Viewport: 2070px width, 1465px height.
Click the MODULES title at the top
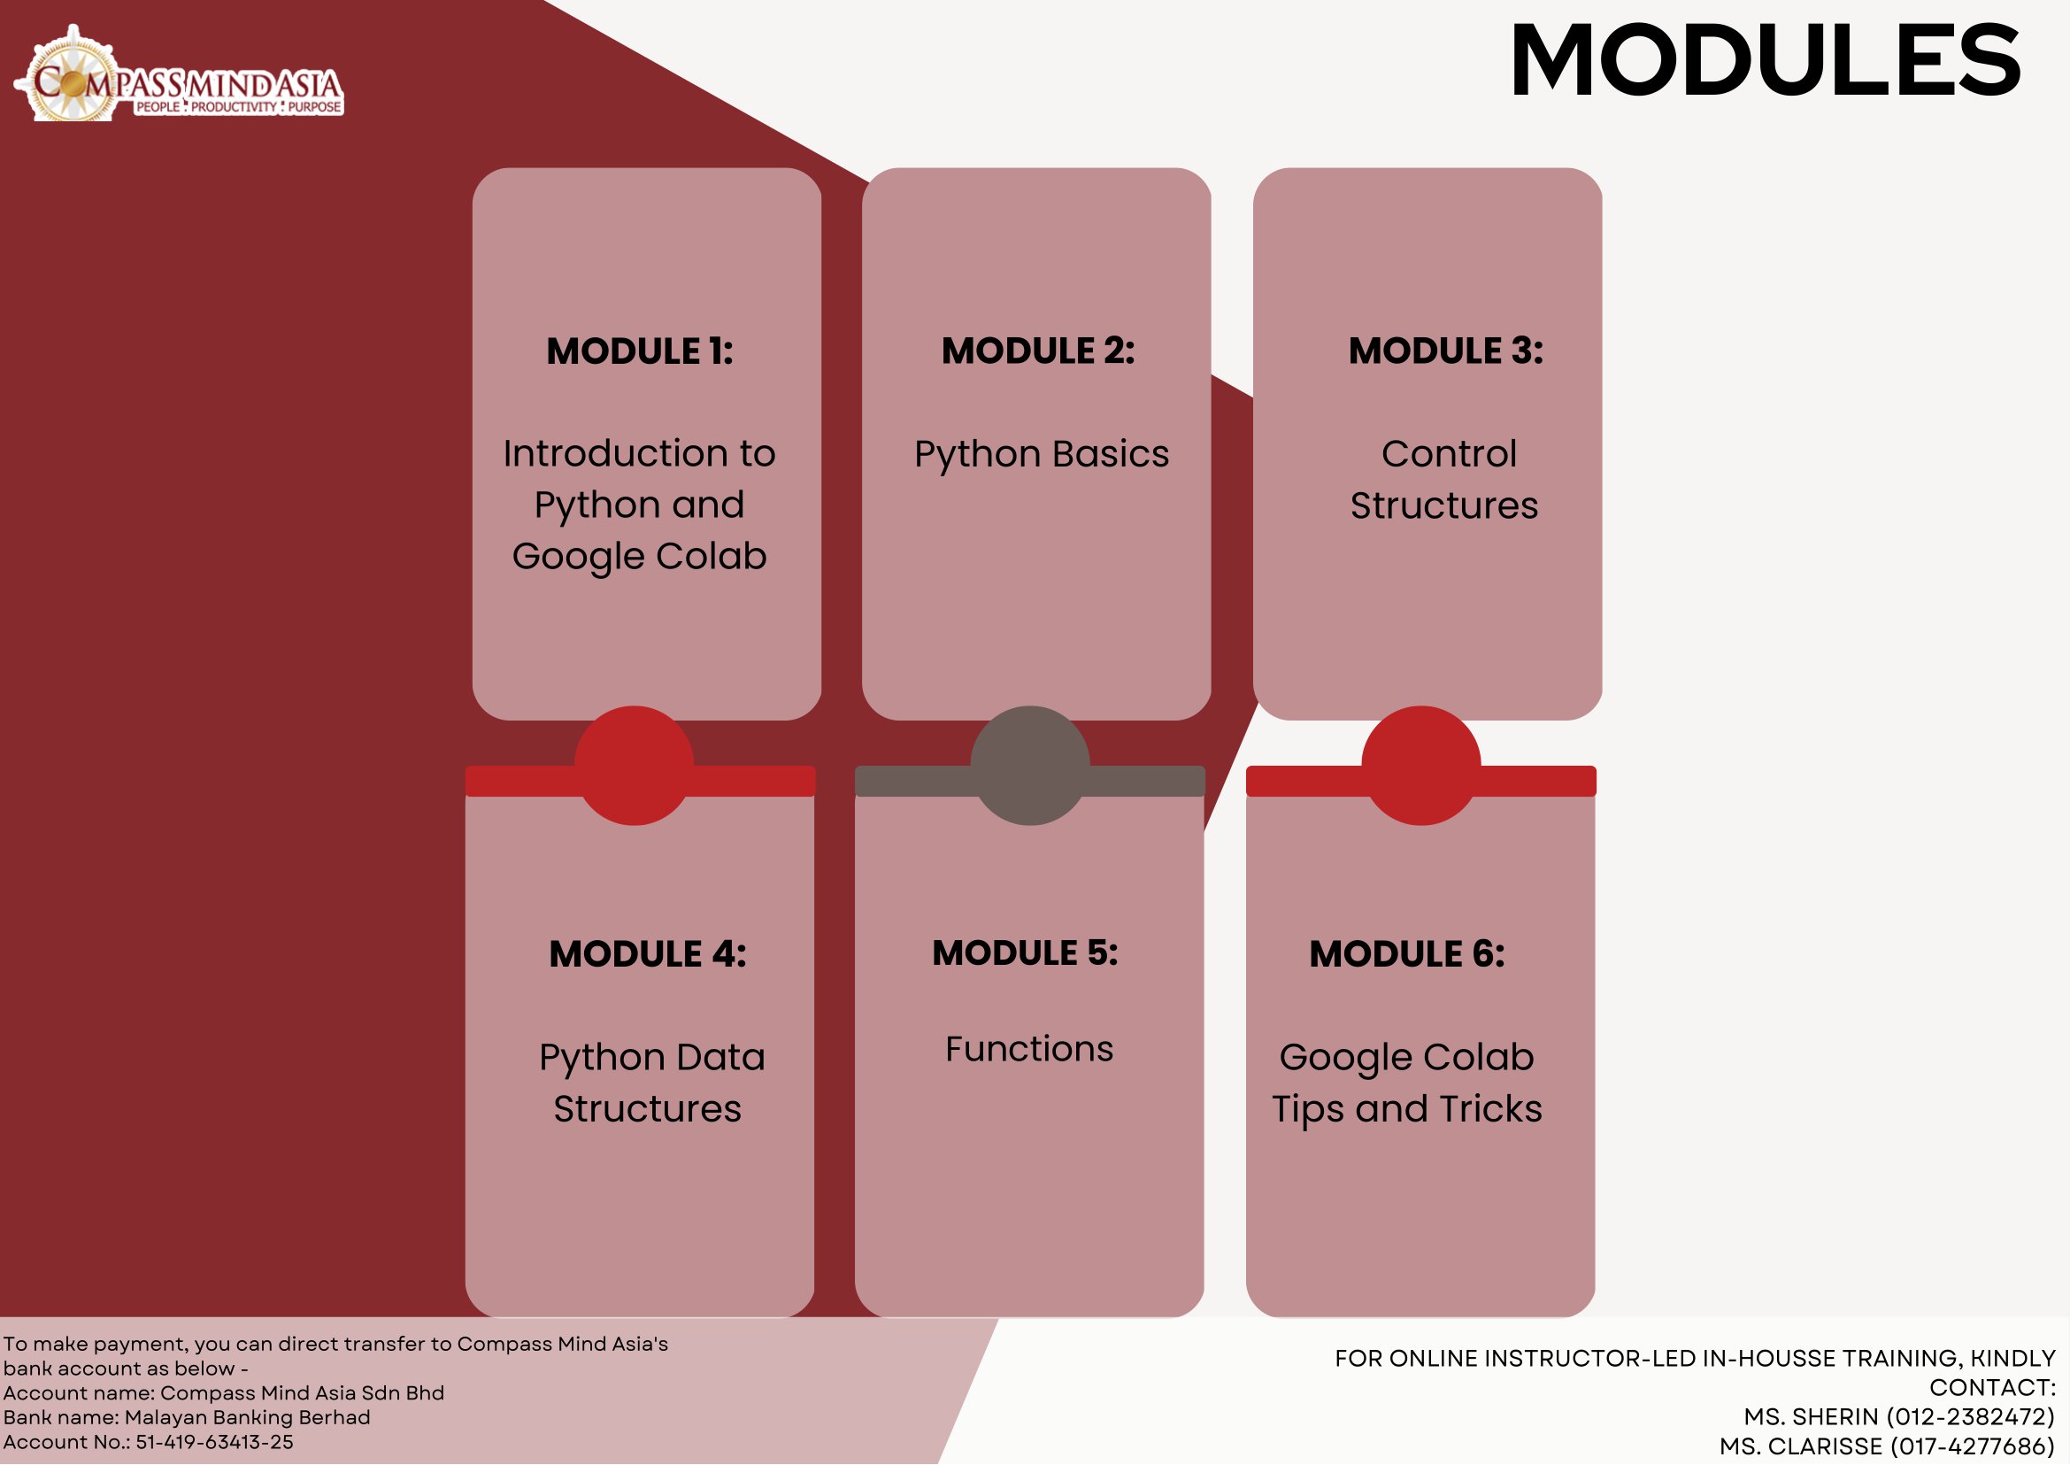pyautogui.click(x=1766, y=60)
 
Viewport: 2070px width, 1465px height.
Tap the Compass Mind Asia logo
pyautogui.click(x=179, y=75)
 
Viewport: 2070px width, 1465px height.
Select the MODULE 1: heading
pyautogui.click(x=640, y=351)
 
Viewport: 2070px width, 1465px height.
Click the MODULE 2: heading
pyautogui.click(x=1038, y=350)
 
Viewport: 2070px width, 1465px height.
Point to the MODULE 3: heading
pyautogui.click(x=1446, y=350)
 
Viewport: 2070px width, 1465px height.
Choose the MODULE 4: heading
pyautogui.click(x=648, y=953)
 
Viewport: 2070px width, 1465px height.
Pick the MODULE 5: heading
pyautogui.click(x=1026, y=952)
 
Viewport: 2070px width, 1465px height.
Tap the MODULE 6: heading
pyautogui.click(x=1407, y=953)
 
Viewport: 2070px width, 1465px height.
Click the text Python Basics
pyautogui.click(x=1042, y=455)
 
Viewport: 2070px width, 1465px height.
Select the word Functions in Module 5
pyautogui.click(x=1029, y=1049)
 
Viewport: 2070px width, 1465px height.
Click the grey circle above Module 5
pyautogui.click(x=1030, y=766)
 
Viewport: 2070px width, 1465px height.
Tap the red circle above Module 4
pyautogui.click(x=634, y=766)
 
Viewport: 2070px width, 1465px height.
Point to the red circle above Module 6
pyautogui.click(x=1421, y=766)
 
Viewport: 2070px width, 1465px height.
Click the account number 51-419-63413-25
pyautogui.click(x=215, y=1443)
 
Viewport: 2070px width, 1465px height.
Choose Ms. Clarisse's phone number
pyautogui.click(x=1973, y=1446)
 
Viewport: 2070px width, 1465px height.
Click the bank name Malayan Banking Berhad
pyautogui.click(x=247, y=1417)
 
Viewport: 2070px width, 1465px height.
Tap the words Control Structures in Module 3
pyautogui.click(x=1445, y=480)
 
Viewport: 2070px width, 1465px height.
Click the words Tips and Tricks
pyautogui.click(x=1407, y=1109)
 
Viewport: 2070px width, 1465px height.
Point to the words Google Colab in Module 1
pyautogui.click(x=640, y=558)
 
